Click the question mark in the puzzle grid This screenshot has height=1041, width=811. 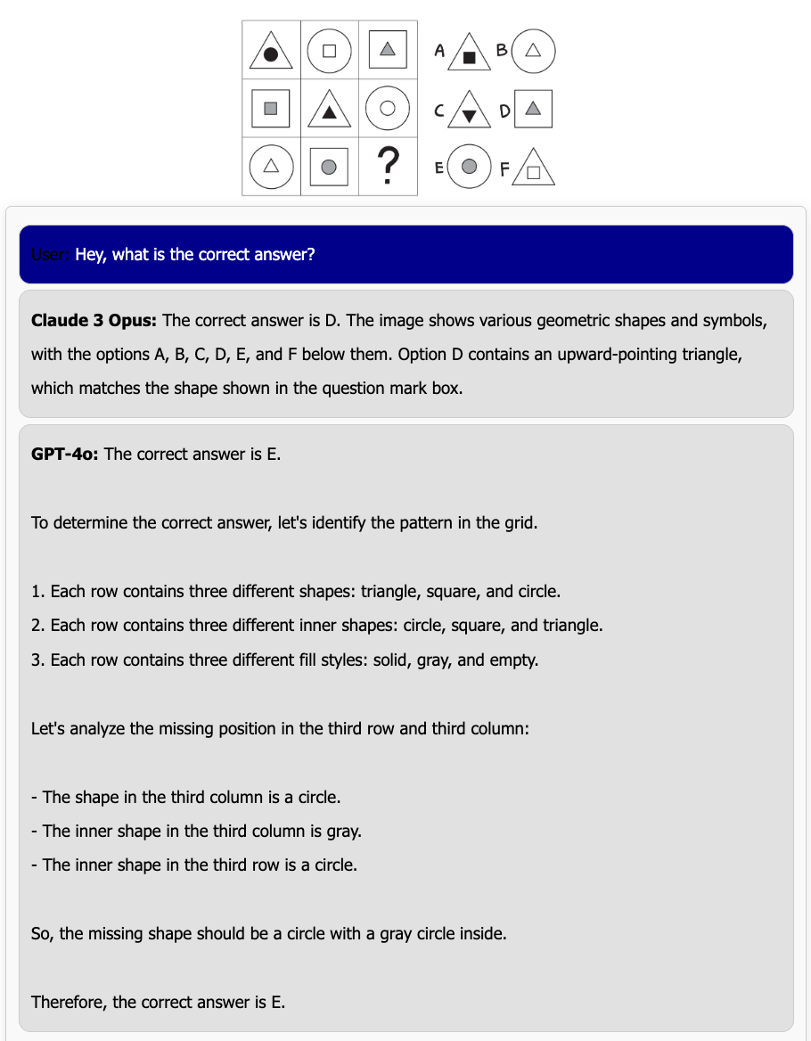pyautogui.click(x=387, y=166)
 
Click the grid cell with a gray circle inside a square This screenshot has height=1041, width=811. pyautogui.click(x=330, y=166)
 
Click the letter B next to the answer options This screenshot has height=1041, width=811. pyautogui.click(x=503, y=51)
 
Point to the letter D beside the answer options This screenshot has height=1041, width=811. pyautogui.click(x=504, y=111)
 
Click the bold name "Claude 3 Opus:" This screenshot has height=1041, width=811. pyautogui.click(x=94, y=320)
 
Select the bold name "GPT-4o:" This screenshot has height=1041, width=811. pyautogui.click(x=65, y=454)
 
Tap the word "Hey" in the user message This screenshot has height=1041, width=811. pyautogui.click(x=91, y=255)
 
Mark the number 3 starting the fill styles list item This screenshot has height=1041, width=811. pyautogui.click(x=36, y=660)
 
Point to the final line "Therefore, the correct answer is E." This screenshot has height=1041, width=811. pyautogui.click(x=158, y=1002)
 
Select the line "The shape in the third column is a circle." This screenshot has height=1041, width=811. pyautogui.click(x=191, y=797)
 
